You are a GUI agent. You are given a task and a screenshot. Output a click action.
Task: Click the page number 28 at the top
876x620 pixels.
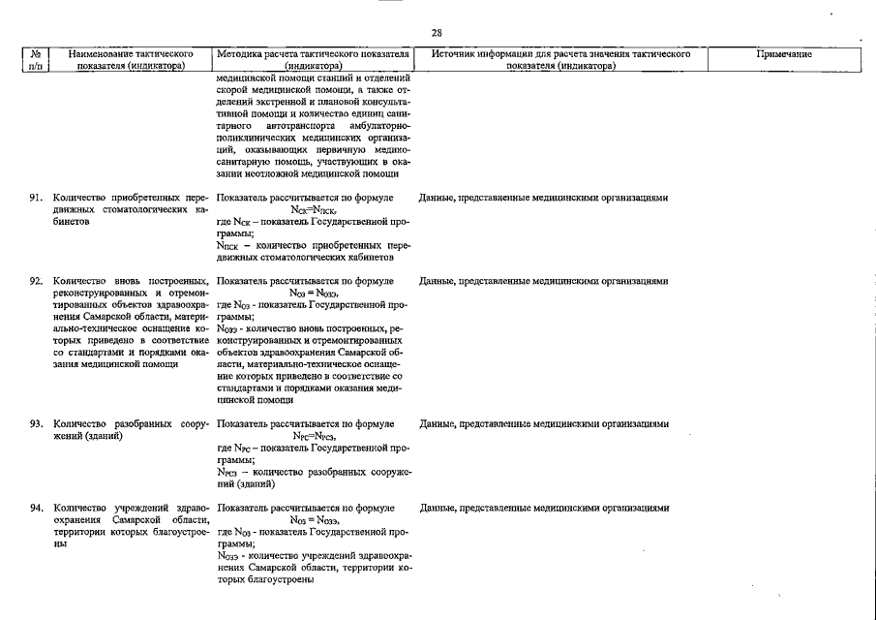[x=438, y=33]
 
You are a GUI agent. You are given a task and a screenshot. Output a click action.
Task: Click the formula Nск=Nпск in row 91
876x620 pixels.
[x=314, y=209]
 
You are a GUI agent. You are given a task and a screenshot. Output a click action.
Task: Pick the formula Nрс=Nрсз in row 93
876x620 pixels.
[x=314, y=436]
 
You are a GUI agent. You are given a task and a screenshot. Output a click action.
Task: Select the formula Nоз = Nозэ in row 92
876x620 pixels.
[x=314, y=294]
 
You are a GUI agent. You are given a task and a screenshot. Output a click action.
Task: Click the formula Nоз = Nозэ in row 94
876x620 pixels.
[x=314, y=520]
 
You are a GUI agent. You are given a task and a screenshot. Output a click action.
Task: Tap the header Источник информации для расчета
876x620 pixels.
[x=561, y=55]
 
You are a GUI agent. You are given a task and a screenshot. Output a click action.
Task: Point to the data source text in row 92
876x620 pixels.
[x=543, y=282]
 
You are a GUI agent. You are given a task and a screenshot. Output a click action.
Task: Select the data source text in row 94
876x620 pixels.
[x=543, y=508]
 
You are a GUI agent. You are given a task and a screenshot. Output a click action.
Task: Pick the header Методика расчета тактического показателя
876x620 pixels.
[x=314, y=55]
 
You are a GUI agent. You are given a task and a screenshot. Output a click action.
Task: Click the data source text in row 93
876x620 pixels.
[x=543, y=424]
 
